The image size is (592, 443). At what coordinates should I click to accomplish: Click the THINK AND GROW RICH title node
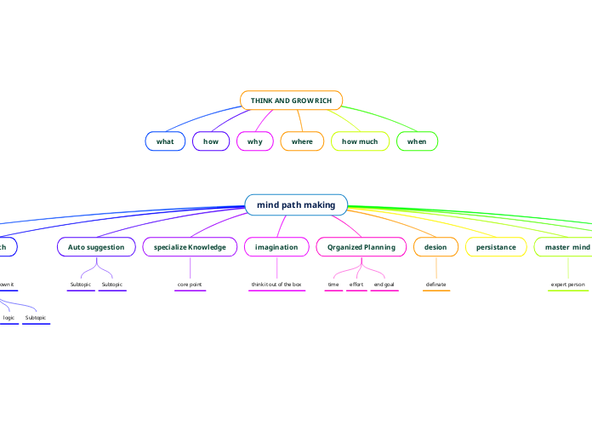click(291, 101)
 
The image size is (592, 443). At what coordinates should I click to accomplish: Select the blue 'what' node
click(165, 141)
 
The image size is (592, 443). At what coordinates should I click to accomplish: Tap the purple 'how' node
click(211, 141)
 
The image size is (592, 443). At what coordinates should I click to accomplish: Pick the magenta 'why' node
click(255, 141)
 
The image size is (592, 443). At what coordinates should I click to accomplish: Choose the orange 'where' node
click(302, 141)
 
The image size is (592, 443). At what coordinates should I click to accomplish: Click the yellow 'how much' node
click(360, 141)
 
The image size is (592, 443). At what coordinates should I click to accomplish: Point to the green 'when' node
click(417, 141)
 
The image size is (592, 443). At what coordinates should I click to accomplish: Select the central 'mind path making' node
click(296, 204)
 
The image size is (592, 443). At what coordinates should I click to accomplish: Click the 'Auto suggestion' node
click(96, 247)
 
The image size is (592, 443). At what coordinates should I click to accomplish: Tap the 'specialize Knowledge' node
click(190, 247)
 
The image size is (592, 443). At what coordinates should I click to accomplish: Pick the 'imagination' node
click(276, 247)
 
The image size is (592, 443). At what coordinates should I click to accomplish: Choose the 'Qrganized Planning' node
click(361, 247)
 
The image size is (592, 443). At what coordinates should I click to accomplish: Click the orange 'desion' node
click(435, 247)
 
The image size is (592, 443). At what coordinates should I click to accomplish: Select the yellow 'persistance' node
click(496, 247)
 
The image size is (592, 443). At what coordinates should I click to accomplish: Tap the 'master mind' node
click(566, 247)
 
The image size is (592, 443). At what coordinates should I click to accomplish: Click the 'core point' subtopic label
click(190, 284)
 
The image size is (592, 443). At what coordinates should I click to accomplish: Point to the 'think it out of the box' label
click(276, 284)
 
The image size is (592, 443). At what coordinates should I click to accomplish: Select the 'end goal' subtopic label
click(384, 284)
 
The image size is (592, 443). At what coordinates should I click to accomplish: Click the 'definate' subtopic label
click(435, 284)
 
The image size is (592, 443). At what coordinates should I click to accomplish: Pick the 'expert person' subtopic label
click(567, 284)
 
